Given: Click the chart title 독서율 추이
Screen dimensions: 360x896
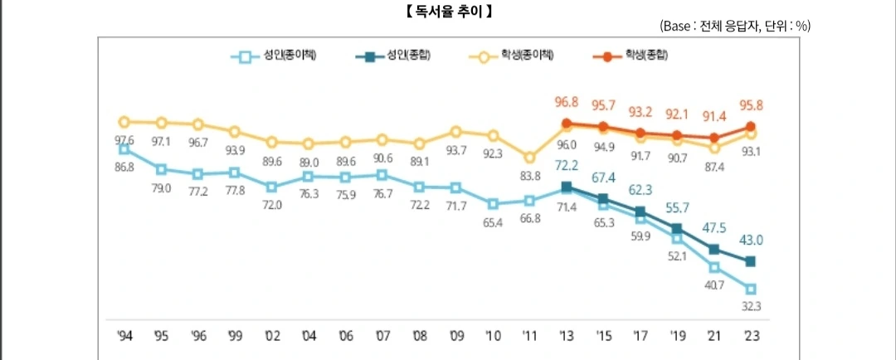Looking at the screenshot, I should coord(449,12).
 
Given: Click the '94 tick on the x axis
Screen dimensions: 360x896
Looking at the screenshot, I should coord(124,336).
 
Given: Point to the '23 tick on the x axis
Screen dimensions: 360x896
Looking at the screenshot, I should coord(751,336).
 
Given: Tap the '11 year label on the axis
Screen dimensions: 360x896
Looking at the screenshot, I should coord(529,336).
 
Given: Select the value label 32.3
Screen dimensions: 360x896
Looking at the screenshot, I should coord(751,306).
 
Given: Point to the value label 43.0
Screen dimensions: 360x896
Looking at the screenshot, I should coord(751,241).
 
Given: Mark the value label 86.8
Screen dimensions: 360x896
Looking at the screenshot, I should coord(124,167).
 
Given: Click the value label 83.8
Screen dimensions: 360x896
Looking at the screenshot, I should coord(529,175).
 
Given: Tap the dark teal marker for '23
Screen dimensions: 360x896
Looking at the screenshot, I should coord(751,261).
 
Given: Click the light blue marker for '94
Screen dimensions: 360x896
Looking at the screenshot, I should coord(124,148).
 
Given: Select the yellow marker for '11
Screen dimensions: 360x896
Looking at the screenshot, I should coord(529,157).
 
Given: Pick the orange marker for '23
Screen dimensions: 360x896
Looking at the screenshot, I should coord(751,126).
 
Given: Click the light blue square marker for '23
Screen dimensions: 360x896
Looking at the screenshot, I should coord(751,289).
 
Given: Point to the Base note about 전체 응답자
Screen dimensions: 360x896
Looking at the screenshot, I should coord(735,27).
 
